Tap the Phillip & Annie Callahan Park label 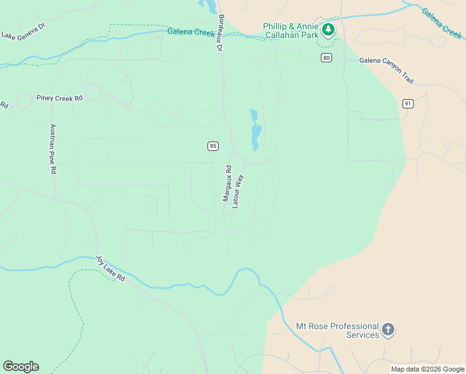click(x=290, y=31)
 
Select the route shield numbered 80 click(x=326, y=58)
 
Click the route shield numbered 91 click(x=407, y=103)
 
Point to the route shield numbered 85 click(x=213, y=146)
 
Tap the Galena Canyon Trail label click(x=386, y=69)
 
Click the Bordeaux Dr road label click(x=219, y=33)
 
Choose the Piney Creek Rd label click(x=59, y=98)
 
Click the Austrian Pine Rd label click(x=54, y=148)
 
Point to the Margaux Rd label click(x=227, y=183)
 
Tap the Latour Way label click(x=237, y=191)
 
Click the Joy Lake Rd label click(x=110, y=268)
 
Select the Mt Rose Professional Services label click(x=337, y=330)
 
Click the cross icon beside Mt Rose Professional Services click(x=388, y=330)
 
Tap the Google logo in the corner click(x=21, y=367)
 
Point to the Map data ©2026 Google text click(x=427, y=369)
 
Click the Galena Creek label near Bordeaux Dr click(x=191, y=32)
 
